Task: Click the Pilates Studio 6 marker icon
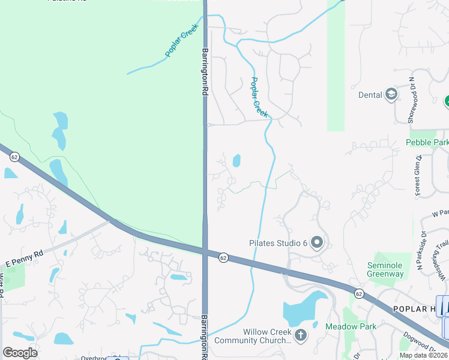[x=317, y=243]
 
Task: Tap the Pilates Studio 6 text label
[x=278, y=243]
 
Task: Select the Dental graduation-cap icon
[x=391, y=94]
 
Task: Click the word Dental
[x=370, y=94]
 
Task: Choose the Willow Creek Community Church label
[x=267, y=337]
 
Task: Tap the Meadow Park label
[x=351, y=326]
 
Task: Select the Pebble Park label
[x=427, y=142]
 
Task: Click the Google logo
[x=20, y=353]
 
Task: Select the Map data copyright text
[x=424, y=355]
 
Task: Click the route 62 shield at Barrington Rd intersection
[x=223, y=257]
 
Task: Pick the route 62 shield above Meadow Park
[x=359, y=293]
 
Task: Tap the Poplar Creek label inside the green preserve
[x=181, y=44]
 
